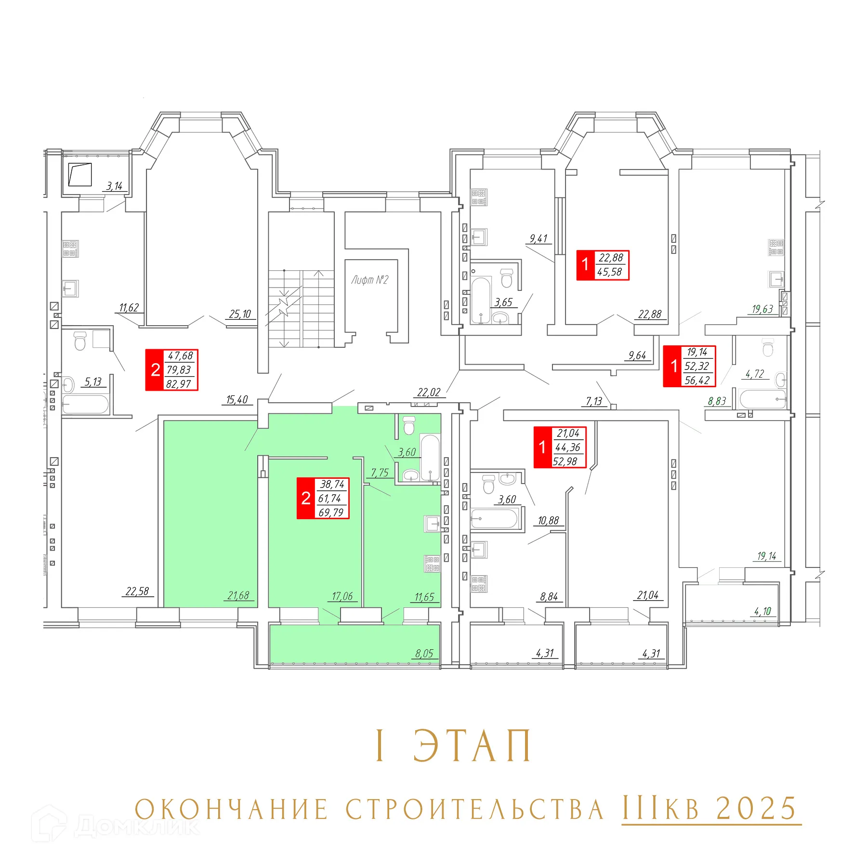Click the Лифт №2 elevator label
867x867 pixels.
[x=369, y=280]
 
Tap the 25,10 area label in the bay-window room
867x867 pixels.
[x=240, y=314]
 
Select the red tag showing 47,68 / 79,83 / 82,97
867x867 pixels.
[x=172, y=370]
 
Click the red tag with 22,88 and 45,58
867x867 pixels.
[x=603, y=265]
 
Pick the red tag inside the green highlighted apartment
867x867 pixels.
[x=323, y=498]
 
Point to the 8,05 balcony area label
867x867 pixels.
[x=424, y=654]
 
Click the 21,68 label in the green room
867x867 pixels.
[x=238, y=596]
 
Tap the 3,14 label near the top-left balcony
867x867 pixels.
[x=115, y=186]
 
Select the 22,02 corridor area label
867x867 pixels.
[x=429, y=392]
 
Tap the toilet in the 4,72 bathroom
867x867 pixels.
[x=768, y=347]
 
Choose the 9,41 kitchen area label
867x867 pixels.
[x=539, y=238]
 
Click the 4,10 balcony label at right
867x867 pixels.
[x=762, y=611]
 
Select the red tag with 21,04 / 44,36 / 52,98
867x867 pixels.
[x=560, y=447]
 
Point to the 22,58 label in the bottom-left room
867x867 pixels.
[x=137, y=591]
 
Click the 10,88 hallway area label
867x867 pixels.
[x=548, y=521]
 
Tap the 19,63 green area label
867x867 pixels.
[x=762, y=309]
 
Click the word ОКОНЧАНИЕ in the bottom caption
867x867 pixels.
[x=231, y=809]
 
